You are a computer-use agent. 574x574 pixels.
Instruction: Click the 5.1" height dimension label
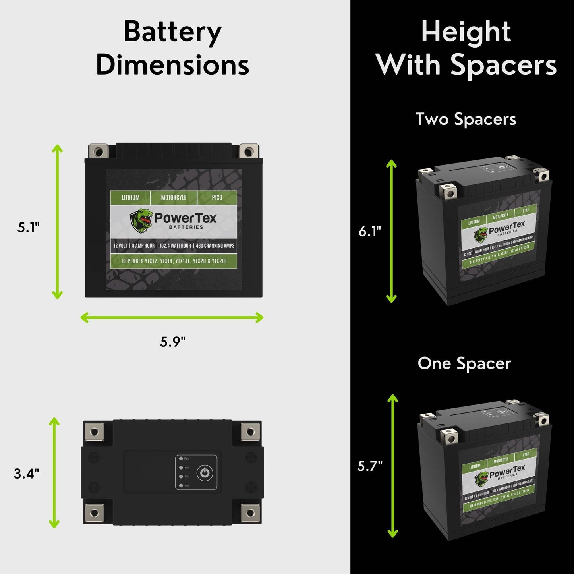[29, 228]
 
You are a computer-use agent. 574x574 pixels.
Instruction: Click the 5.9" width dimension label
[173, 341]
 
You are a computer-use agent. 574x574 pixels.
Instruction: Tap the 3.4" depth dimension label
[27, 474]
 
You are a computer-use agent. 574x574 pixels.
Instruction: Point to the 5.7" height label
[370, 466]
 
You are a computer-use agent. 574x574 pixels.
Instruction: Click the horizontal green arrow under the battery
[172, 317]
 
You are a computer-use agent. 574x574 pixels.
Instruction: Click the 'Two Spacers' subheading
[466, 119]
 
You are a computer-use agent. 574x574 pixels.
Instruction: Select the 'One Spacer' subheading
[464, 363]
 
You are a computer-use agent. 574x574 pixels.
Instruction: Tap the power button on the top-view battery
[205, 473]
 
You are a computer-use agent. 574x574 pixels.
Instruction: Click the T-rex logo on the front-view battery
[141, 220]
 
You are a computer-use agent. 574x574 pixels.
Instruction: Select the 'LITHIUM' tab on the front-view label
[130, 197]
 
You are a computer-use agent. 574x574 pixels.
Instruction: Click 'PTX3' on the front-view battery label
[217, 197]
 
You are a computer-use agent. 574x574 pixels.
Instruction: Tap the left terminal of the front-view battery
[99, 151]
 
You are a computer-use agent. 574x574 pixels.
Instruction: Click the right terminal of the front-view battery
[249, 151]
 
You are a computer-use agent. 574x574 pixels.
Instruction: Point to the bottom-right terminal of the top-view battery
[250, 513]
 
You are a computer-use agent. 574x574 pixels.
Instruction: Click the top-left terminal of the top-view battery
[94, 432]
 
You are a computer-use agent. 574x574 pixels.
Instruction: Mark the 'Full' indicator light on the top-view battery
[181, 459]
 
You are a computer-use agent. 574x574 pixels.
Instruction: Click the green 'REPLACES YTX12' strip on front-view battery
[174, 261]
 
